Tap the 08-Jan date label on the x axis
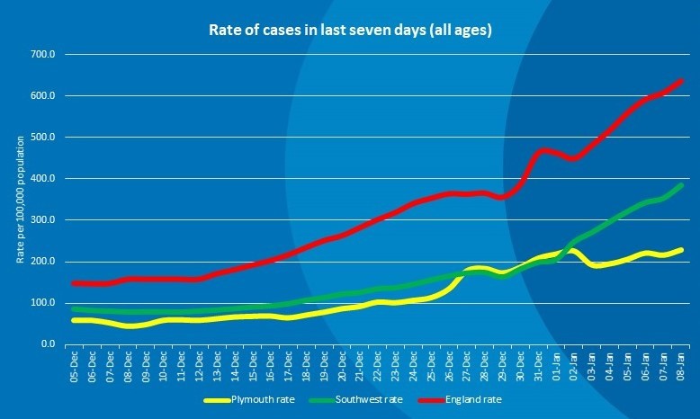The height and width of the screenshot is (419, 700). pos(682,367)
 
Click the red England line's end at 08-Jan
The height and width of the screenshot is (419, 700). pos(682,80)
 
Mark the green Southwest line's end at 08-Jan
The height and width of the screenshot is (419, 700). pos(682,184)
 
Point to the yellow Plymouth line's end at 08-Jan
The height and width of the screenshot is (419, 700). pos(682,250)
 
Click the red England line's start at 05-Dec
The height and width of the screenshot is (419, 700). pos(75,283)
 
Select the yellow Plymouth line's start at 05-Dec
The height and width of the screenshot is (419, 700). pos(75,320)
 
